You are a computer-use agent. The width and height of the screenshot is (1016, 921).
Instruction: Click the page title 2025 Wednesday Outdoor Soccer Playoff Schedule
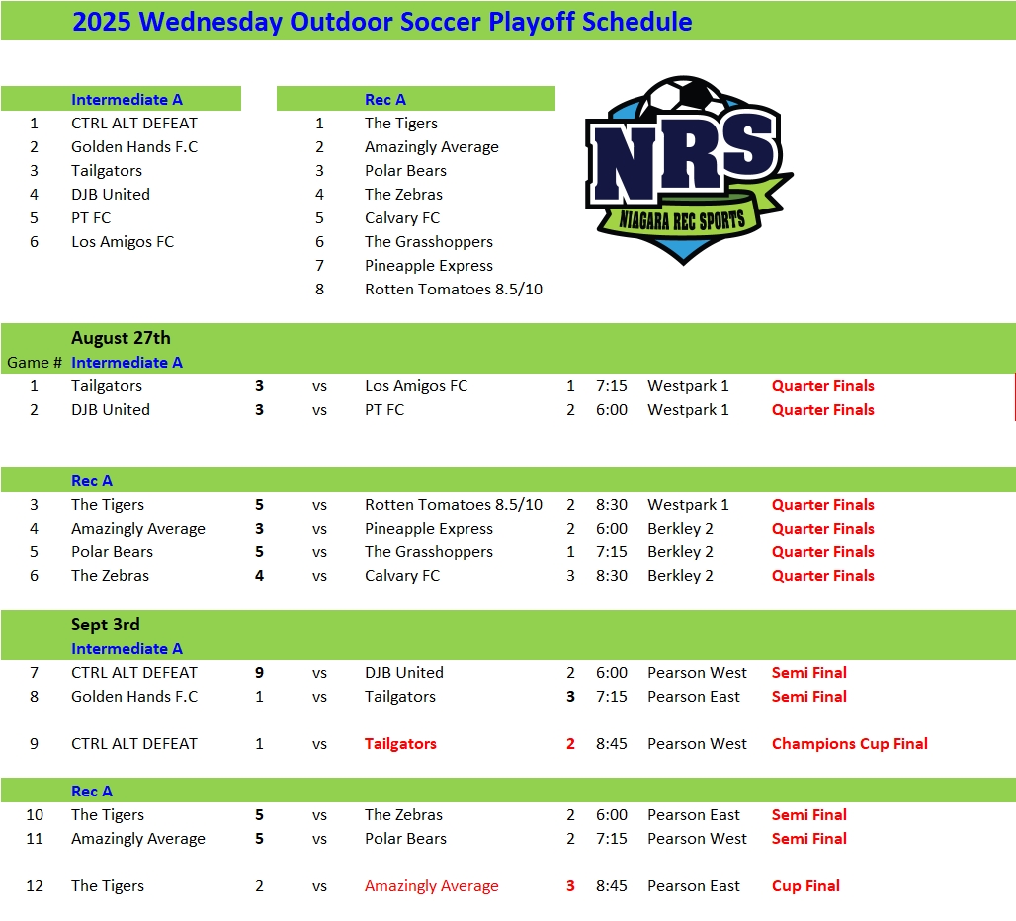click(x=381, y=22)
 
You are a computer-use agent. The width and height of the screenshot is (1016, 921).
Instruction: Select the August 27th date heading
click(x=121, y=338)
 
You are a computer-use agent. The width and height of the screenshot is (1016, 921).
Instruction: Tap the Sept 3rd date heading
click(x=105, y=625)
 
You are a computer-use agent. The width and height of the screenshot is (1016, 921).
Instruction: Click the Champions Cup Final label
click(x=849, y=744)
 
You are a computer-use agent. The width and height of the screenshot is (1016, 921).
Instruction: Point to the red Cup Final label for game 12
click(x=805, y=886)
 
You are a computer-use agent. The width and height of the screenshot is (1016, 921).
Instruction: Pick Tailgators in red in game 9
click(x=400, y=744)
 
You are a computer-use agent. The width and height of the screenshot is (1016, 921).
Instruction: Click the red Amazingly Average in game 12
click(x=431, y=886)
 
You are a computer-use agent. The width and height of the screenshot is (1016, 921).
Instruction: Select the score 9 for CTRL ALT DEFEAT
click(x=259, y=673)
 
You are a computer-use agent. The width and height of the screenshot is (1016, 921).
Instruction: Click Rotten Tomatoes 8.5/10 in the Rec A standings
click(x=453, y=290)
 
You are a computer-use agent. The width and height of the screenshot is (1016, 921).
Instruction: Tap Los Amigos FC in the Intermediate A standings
click(x=122, y=242)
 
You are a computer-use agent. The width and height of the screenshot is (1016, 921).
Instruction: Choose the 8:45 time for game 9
click(x=612, y=744)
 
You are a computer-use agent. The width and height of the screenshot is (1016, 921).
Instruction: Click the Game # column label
click(x=35, y=363)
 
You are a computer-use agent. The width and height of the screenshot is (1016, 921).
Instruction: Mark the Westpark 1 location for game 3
click(x=688, y=505)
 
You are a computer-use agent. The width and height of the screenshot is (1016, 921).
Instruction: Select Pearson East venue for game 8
click(x=693, y=697)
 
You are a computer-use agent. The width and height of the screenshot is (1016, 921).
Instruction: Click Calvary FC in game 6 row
click(x=401, y=576)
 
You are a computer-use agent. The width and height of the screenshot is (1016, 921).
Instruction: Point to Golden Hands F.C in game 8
click(x=133, y=697)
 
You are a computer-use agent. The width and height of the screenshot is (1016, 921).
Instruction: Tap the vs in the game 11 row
click(x=319, y=839)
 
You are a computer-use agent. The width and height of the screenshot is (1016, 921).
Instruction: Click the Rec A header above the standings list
click(x=384, y=100)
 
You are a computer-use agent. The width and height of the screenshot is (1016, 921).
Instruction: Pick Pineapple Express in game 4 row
click(x=428, y=529)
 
